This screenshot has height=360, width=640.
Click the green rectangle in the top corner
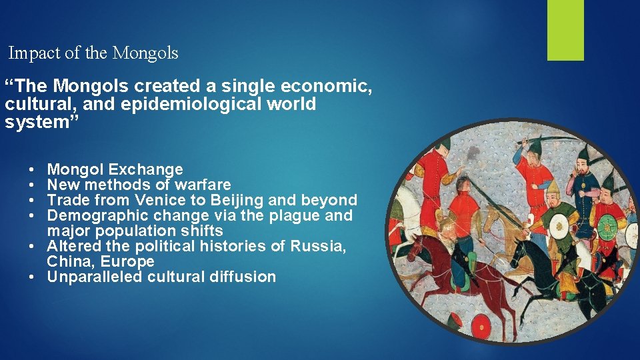click(565, 29)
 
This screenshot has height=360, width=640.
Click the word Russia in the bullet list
click(318, 246)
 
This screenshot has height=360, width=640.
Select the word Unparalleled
click(91, 277)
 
